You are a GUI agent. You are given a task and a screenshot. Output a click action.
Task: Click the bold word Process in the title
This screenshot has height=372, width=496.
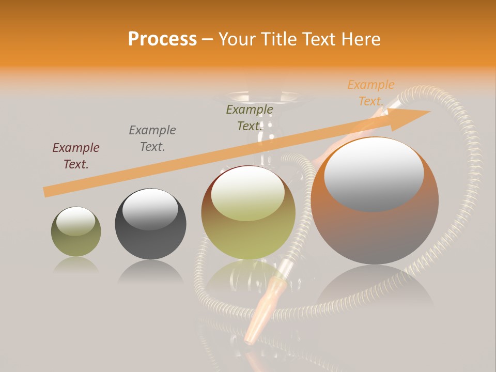162,39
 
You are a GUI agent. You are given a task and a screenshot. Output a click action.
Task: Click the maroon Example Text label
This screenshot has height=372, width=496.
76,156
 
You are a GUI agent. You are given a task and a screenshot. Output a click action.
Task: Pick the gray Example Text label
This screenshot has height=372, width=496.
152,138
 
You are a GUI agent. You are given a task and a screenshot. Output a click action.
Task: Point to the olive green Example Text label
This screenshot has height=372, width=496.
250,118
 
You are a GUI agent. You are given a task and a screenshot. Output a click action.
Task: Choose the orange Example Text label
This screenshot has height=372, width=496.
371,93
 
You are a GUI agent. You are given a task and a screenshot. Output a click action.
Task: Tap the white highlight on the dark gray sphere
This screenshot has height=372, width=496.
150,209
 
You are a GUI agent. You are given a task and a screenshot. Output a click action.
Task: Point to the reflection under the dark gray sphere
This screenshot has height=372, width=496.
150,272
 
